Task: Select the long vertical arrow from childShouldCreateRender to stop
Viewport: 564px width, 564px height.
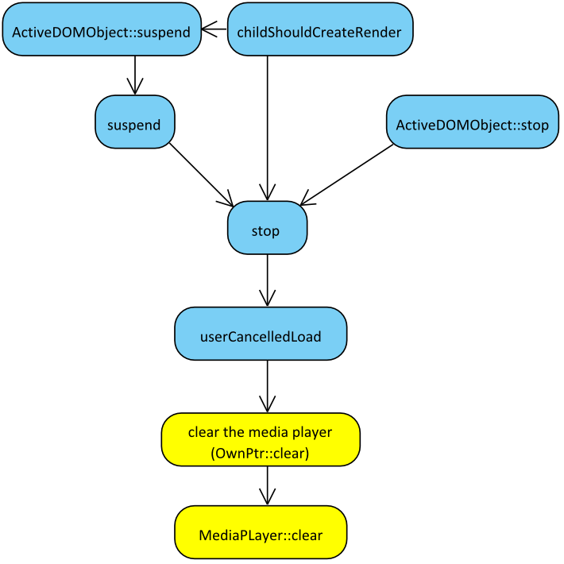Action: (267, 127)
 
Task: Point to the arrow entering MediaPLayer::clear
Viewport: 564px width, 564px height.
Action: (267, 485)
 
